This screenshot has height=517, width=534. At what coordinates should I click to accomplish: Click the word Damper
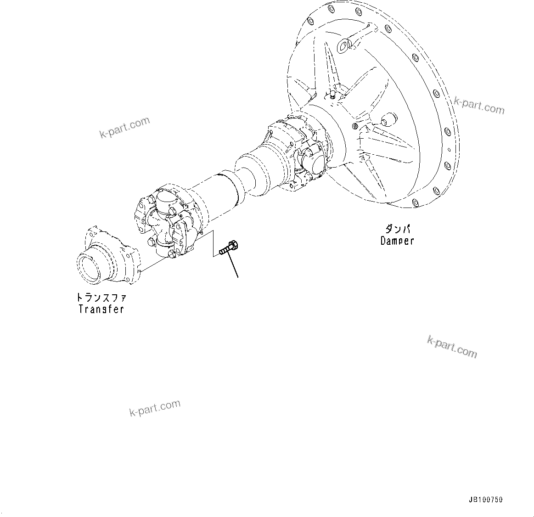[x=397, y=241]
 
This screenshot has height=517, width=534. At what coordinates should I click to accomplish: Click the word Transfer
[x=101, y=309]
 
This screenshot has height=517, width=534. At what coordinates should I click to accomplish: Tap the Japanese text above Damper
[x=397, y=229]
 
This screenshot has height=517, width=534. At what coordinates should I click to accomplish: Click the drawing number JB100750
[x=486, y=500]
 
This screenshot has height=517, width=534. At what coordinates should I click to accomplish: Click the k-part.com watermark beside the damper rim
[x=479, y=105]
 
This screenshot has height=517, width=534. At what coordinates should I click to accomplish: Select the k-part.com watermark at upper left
[x=124, y=127]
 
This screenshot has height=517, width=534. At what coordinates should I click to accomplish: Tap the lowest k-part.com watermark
[x=155, y=407]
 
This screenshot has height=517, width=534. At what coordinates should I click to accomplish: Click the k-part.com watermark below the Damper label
[x=452, y=346]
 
